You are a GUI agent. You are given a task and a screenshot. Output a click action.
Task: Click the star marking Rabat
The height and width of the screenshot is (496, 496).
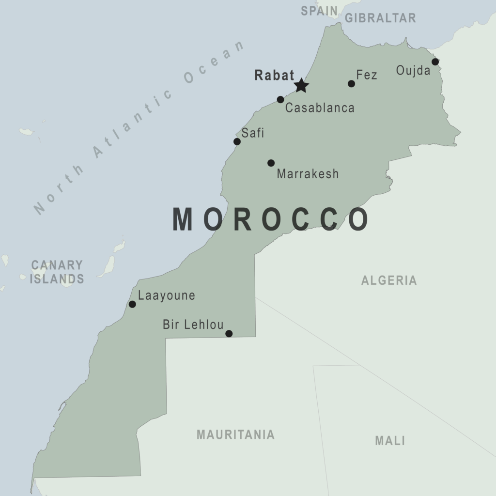click(x=301, y=86)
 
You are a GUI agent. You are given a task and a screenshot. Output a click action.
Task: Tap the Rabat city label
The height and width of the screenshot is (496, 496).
click(x=274, y=76)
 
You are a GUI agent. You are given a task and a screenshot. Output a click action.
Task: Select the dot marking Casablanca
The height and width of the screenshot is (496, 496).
click(x=280, y=99)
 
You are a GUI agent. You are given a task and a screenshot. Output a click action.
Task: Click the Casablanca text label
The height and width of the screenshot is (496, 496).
click(x=320, y=108)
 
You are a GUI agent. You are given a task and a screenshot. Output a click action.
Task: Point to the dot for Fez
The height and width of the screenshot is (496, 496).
click(x=351, y=84)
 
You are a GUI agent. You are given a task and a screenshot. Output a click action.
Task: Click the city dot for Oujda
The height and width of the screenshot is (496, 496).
click(x=435, y=62)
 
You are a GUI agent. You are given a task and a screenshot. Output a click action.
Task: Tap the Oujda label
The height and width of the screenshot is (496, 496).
click(x=413, y=71)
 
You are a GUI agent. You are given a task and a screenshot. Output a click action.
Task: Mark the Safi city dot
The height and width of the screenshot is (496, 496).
click(x=237, y=141)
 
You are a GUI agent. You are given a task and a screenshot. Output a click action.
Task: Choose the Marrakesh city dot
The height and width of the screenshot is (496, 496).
click(x=271, y=163)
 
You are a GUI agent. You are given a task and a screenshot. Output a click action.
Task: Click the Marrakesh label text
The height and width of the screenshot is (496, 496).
click(x=308, y=174)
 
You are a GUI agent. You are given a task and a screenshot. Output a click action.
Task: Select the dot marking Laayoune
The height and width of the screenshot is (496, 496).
click(x=132, y=304)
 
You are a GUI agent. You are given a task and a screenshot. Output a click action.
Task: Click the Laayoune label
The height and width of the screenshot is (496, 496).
click(x=167, y=295)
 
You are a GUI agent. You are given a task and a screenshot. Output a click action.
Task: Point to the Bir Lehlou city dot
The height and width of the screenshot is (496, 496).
click(x=229, y=333)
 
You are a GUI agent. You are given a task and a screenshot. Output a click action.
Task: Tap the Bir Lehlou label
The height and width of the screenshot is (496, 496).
click(x=193, y=325)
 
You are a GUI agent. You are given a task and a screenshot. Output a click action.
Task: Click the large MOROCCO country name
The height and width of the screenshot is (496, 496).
click(x=271, y=219)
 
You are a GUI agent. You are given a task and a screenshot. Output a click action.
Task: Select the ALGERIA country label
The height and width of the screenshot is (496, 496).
click(x=389, y=280)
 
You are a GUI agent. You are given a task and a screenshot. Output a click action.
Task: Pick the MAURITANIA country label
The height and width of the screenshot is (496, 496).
click(x=235, y=434)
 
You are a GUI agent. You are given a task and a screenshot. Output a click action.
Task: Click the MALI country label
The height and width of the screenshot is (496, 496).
click(x=390, y=441)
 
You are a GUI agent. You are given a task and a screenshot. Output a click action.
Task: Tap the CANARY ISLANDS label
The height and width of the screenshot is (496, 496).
click(x=57, y=272)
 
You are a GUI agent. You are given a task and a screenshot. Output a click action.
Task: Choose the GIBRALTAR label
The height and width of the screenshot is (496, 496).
click(x=380, y=18)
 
